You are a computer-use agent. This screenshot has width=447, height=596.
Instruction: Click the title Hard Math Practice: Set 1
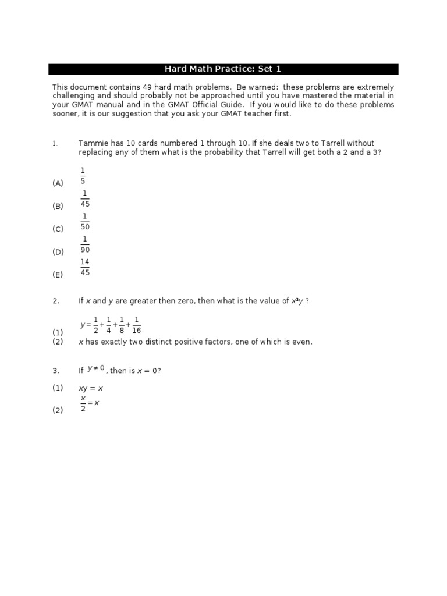[223, 69]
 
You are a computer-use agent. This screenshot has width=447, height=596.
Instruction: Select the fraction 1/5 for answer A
[83, 175]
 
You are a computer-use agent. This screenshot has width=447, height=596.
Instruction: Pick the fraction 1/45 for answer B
[85, 198]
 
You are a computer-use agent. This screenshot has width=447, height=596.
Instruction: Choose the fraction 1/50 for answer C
[85, 221]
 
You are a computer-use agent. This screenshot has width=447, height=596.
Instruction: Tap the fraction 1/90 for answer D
[85, 244]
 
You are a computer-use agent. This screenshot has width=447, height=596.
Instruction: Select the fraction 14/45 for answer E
[85, 267]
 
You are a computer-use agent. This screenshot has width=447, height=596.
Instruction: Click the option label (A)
[58, 183]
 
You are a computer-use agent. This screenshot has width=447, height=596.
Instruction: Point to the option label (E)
[58, 275]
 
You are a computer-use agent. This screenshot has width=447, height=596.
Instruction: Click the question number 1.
[55, 143]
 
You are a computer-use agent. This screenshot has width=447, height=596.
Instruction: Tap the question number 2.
[55, 301]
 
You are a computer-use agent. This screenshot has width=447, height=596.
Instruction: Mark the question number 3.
[55, 371]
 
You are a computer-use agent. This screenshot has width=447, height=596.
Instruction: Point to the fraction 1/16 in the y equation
[136, 325]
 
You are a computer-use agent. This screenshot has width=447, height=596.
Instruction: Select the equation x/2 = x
[89, 403]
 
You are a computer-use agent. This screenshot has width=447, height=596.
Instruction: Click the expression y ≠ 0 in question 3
[96, 368]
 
